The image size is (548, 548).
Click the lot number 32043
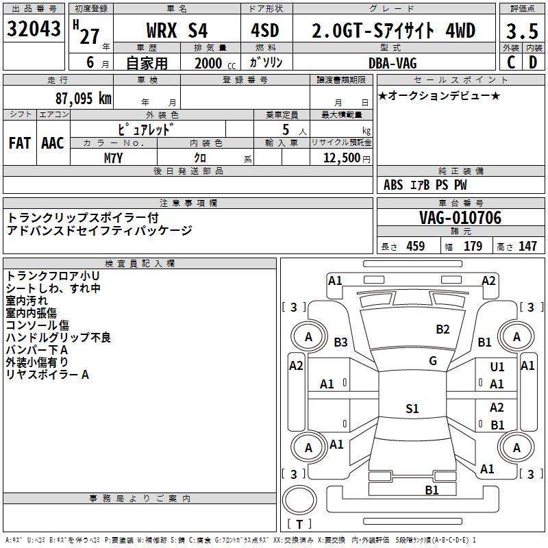34,29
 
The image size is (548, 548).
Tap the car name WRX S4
177,30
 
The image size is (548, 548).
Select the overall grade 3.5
522,31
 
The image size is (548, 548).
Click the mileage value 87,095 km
84,99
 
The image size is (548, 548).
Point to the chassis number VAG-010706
460,218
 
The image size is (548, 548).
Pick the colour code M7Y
113,158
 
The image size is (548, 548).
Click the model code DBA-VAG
393,63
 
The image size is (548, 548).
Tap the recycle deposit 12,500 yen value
347,158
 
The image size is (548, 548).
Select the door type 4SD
265,30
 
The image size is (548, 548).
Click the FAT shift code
20,143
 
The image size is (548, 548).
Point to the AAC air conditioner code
53,143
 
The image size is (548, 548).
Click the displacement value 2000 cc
215,63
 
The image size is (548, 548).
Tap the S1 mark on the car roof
412,408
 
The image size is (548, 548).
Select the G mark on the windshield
433,361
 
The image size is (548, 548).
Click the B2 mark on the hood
443,329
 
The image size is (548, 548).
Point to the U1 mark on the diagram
497,366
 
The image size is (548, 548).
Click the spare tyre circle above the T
299,500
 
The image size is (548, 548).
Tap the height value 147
527,246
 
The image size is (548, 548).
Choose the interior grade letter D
533,62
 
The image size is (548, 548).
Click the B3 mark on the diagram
340,342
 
